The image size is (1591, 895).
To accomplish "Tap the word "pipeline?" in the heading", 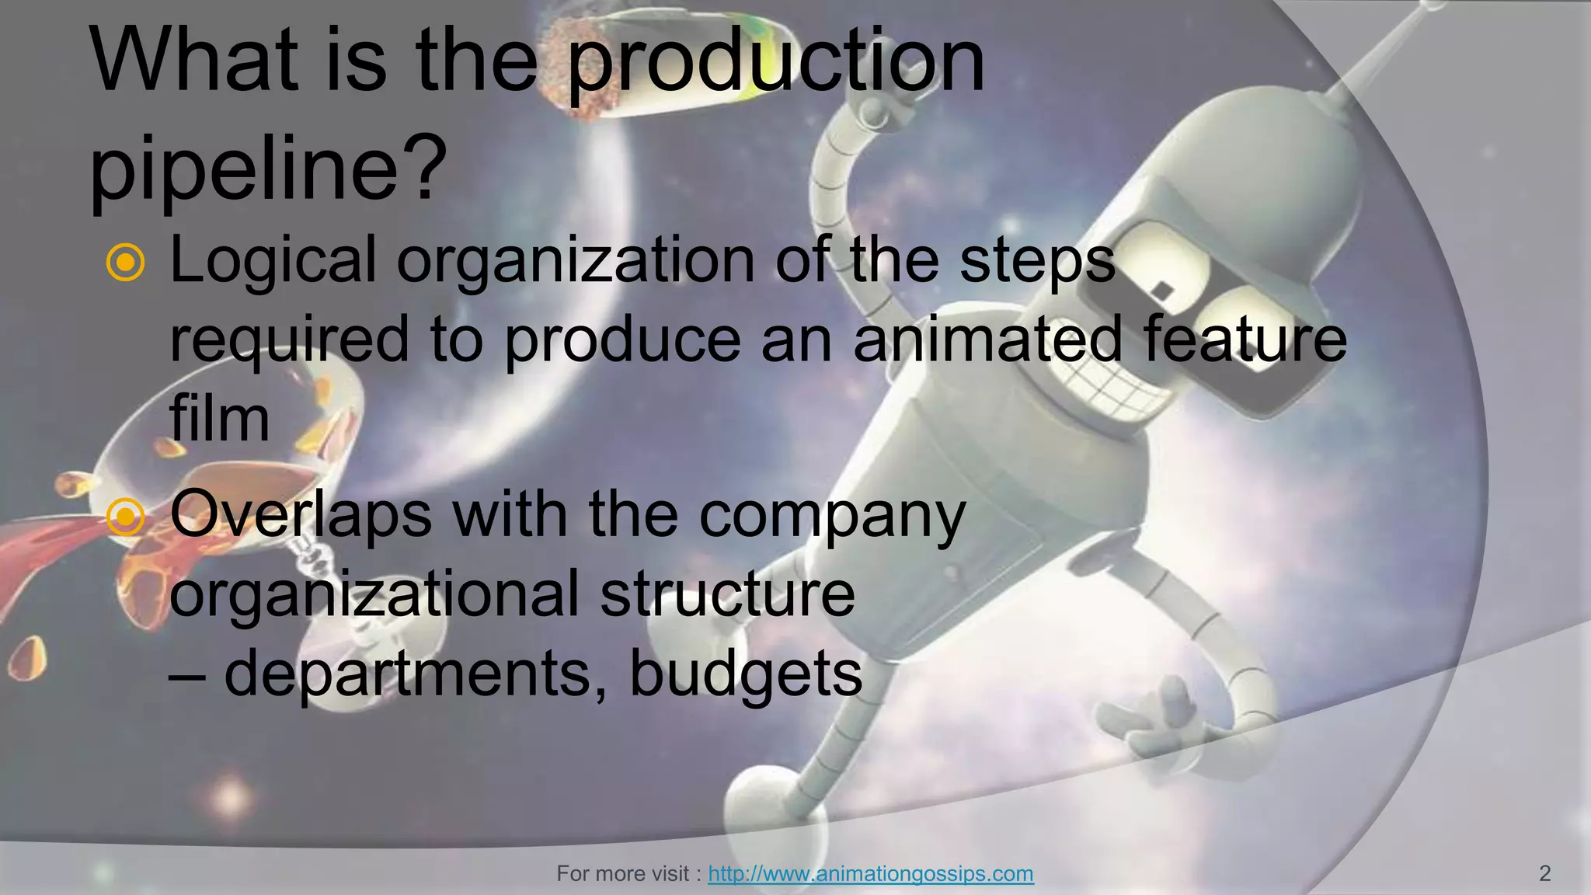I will click(269, 168).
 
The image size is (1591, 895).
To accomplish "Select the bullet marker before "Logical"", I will click(125, 263).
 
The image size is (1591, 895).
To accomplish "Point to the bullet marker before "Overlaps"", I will click(125, 516).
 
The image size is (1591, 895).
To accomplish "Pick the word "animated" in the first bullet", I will click(987, 339).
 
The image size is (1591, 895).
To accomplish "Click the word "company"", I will click(832, 516).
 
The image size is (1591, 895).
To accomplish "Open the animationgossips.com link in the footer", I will click(870, 874).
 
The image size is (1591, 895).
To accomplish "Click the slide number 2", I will click(1544, 874).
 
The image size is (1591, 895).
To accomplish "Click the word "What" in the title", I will click(194, 62).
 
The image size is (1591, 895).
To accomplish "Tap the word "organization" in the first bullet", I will click(575, 263).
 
